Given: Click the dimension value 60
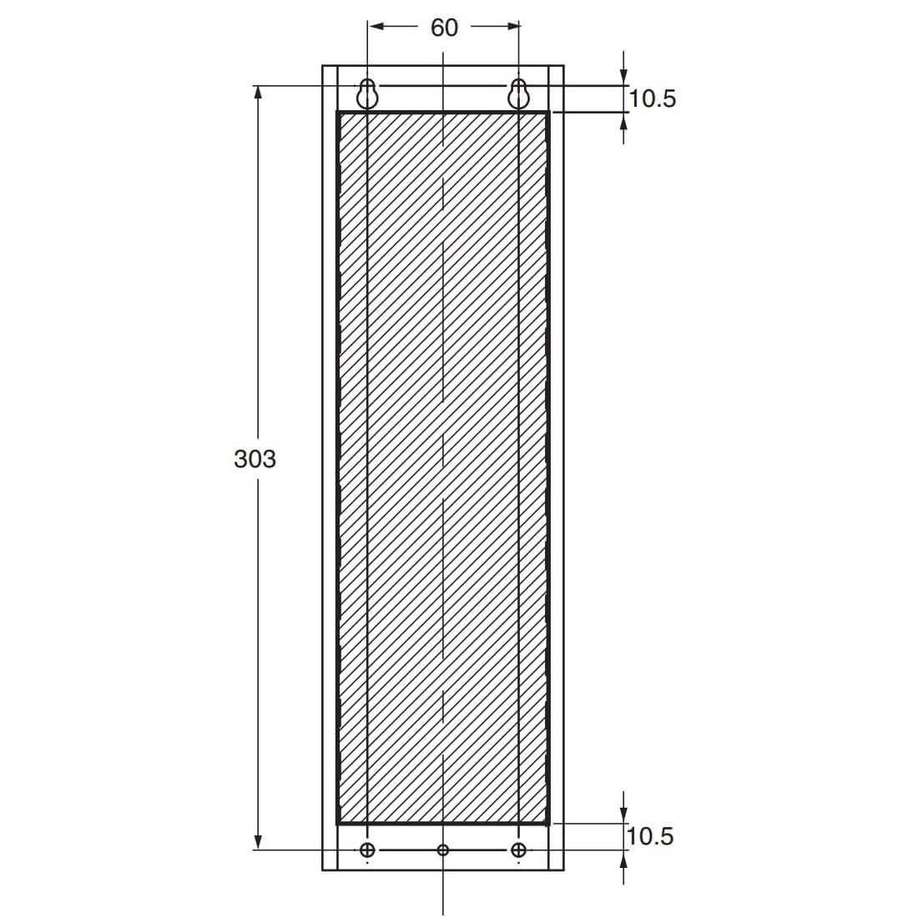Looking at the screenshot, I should point(444,28).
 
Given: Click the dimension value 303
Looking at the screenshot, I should point(255,458).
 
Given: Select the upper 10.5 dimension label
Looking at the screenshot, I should point(653,98).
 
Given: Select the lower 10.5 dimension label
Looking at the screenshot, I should point(650,835).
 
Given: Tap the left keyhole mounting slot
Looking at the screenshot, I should point(367,93).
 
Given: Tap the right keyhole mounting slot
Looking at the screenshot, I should point(518,93).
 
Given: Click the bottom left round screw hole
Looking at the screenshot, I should point(367,850).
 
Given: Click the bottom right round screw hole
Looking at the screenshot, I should point(518,850).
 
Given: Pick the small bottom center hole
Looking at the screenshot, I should point(443,850).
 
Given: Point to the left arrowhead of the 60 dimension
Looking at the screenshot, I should point(376,27).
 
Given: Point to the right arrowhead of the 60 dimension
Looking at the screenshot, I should point(512,27).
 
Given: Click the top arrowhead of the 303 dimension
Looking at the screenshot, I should point(258,93).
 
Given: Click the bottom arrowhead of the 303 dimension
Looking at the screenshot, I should point(258,842).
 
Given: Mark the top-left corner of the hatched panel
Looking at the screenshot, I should point(338,113).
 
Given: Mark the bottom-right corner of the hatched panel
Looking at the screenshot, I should point(548,824).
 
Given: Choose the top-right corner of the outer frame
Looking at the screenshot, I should point(564,65).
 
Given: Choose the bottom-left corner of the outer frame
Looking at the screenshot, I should point(323,870).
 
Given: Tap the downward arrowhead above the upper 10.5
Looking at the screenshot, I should point(624,78).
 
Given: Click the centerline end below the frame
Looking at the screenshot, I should point(443,913).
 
